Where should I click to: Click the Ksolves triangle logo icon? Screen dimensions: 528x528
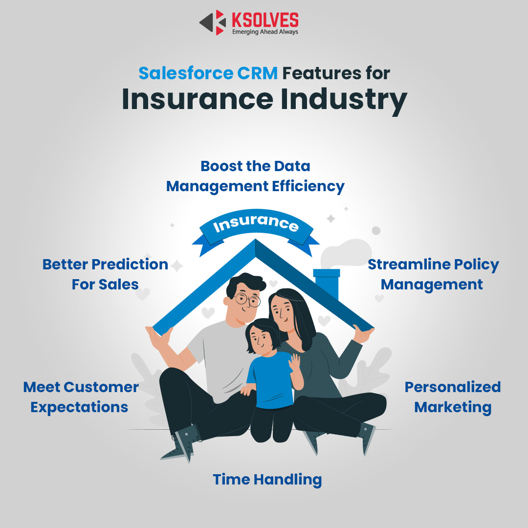tap(213, 22)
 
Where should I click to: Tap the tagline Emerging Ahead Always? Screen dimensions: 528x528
tap(265, 32)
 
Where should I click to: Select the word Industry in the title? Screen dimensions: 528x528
tap(344, 100)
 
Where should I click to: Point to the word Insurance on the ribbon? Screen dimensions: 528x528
tap(256, 222)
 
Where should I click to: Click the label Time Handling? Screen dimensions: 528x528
tap(267, 480)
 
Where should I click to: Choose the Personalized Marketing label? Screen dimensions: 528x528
tap(453, 397)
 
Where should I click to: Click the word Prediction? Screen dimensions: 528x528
tap(130, 264)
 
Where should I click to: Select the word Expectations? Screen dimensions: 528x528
tap(80, 407)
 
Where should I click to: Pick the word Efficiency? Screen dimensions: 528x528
tap(308, 187)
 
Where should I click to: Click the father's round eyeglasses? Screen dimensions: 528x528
tap(247, 299)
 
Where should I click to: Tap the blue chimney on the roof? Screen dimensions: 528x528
tap(327, 282)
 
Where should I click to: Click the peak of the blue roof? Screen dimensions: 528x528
tap(256, 240)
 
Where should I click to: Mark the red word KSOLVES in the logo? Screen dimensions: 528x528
tap(265, 20)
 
